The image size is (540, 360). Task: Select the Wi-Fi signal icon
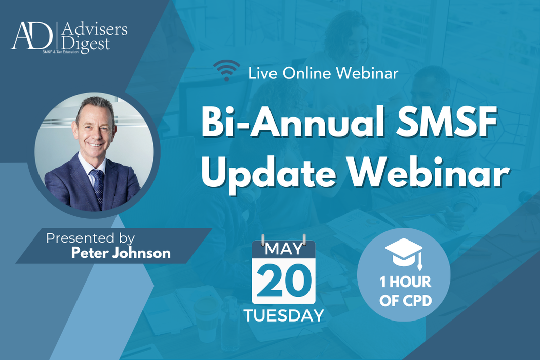[x=226, y=70]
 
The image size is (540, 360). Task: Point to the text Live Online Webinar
[x=323, y=73]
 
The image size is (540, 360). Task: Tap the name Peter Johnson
[x=121, y=253]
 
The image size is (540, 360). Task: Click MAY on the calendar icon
[x=283, y=250]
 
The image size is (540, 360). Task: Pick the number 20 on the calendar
[x=284, y=280]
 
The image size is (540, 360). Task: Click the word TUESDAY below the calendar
[x=284, y=315]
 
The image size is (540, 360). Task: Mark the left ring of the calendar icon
[x=262, y=239]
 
